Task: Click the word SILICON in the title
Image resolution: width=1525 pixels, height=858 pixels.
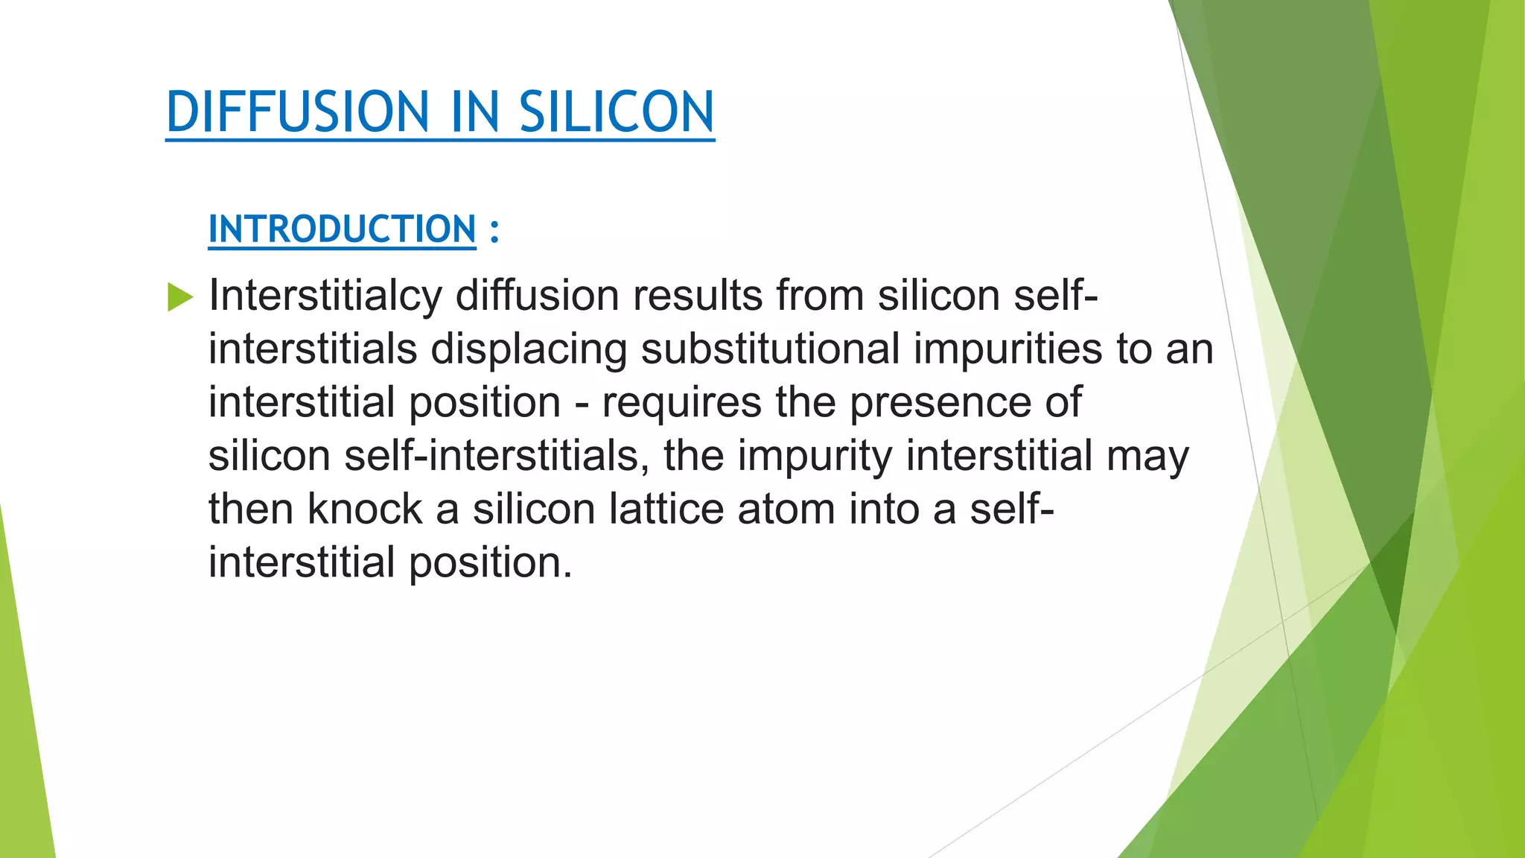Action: (617, 112)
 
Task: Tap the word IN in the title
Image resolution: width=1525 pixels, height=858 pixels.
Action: (474, 112)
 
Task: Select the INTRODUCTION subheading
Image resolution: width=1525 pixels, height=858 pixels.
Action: (342, 229)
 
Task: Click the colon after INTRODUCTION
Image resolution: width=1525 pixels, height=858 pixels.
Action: (494, 230)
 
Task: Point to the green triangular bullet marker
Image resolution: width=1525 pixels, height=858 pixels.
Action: (179, 296)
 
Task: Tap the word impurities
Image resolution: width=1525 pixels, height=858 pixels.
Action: (1007, 349)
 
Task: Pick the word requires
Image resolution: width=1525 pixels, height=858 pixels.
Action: (681, 403)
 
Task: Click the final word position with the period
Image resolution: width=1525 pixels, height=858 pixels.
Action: (491, 563)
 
